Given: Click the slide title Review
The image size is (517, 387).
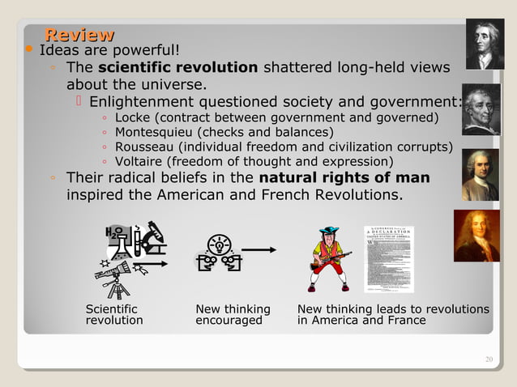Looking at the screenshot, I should pos(79,35).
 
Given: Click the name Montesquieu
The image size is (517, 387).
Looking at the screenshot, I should pos(154,132).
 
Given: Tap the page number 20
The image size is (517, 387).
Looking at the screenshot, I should pos(489,359).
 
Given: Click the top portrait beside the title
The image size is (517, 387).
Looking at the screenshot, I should pos(484,45).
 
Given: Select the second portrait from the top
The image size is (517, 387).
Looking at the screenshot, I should pos(481,109).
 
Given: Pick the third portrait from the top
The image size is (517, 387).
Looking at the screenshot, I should pos(481,174).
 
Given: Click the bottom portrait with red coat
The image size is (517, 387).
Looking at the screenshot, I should pos(476,236).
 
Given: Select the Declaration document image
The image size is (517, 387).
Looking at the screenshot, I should pos(388,259).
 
